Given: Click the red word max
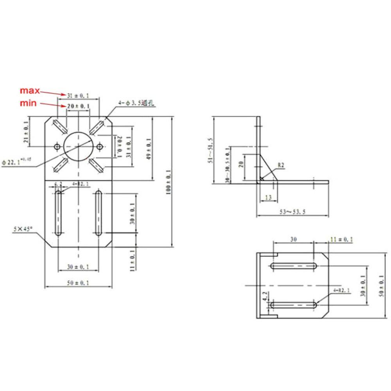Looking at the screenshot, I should pos(30,91).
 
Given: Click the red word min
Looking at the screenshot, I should pos(29,103).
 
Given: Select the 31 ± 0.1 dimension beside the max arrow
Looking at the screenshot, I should pos(78,95).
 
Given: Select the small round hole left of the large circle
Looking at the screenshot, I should pos(57,147).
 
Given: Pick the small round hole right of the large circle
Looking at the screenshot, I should pos(100,147).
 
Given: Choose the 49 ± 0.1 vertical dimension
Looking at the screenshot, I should pos(149,149).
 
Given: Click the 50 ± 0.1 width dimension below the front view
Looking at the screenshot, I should pos(77,283).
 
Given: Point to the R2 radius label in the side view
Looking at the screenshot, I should pos(281,165).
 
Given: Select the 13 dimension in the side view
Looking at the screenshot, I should pos(268,198).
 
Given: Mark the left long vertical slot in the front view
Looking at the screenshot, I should pos(58,213).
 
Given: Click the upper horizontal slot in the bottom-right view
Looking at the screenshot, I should pos(292,266).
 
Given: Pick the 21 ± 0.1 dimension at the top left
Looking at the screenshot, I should pos(26,132).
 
